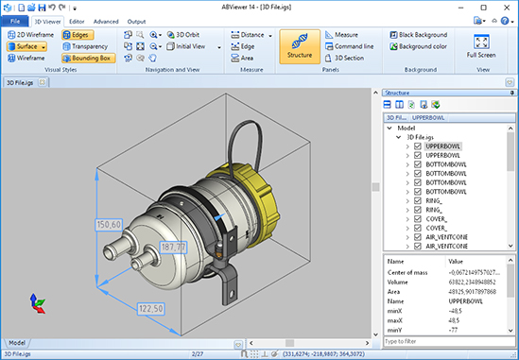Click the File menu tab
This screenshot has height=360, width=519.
coord(14,20)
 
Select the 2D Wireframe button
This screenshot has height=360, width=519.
coord(31,33)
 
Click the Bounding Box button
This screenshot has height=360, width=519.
coord(90,58)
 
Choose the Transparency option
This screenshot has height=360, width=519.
coord(90,45)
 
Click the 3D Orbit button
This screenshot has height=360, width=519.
coord(182,33)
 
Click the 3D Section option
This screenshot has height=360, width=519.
coord(350,58)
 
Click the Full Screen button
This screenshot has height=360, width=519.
coord(480,46)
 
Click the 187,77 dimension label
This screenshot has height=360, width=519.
coord(173,247)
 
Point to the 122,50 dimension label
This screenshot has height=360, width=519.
coord(151,308)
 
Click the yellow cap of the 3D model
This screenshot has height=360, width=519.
coord(247,193)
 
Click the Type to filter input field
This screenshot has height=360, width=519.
coord(444,340)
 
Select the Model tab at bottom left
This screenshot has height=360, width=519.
coord(17,342)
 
